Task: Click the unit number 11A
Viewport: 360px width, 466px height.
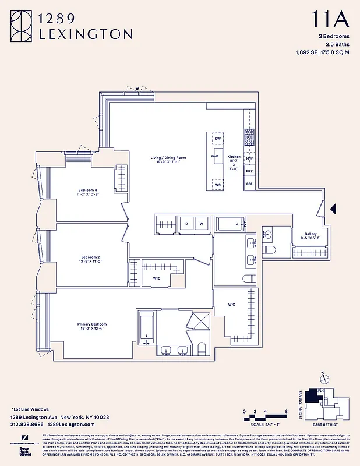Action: [331, 20]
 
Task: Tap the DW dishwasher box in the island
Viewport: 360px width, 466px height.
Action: [217, 139]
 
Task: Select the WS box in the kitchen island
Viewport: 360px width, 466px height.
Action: [217, 185]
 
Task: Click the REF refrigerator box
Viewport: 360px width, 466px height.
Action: [249, 184]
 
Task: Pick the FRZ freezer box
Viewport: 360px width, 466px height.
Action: [249, 172]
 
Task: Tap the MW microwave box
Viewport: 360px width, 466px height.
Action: [249, 158]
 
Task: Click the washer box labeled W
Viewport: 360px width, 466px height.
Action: [202, 223]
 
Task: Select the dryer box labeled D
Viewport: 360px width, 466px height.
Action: [186, 223]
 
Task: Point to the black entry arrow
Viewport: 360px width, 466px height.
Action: [333, 208]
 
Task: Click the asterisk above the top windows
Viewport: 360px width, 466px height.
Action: [137, 89]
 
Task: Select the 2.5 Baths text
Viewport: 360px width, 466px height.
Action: [336, 45]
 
